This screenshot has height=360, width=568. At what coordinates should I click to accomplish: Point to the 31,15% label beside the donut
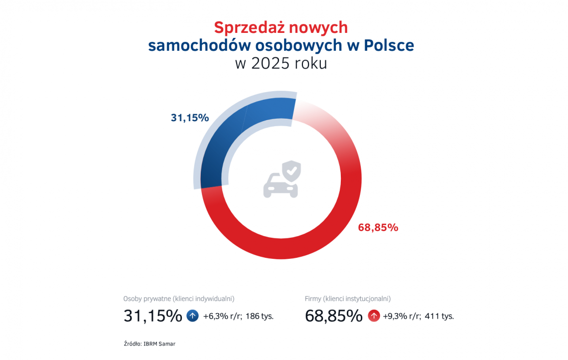coord(189,118)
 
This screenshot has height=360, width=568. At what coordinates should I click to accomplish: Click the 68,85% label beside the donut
coord(378,228)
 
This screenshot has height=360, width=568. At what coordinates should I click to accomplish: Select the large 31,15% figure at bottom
coord(152,316)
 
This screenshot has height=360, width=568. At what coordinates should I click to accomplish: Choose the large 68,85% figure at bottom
coord(333,316)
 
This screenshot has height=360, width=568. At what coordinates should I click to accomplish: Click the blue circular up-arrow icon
coord(192,316)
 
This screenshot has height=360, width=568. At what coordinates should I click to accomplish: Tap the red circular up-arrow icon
coord(374,316)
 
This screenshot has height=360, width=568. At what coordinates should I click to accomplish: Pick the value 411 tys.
coord(439,316)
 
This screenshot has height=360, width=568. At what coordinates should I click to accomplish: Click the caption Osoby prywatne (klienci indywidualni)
coord(179,299)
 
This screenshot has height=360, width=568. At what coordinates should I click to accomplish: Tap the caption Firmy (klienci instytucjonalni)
coord(348,299)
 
